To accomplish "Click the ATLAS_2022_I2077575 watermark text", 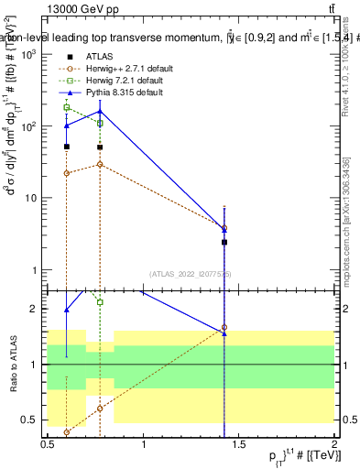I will [x=191, y=273].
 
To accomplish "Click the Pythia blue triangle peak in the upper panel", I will [x=100, y=111].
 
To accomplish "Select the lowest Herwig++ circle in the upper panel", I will [x=66, y=172].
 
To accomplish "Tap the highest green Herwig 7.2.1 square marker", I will [x=66, y=107].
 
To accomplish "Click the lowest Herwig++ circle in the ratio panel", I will [x=66, y=431].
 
